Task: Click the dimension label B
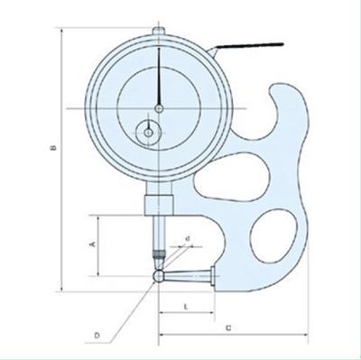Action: [x=53, y=148]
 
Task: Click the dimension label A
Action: [x=93, y=244]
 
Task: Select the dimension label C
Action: [x=228, y=328]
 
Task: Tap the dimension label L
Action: [x=186, y=307]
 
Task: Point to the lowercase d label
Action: [x=188, y=238]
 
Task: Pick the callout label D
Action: [x=97, y=336]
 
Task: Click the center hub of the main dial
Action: [x=159, y=108]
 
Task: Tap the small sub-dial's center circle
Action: [x=148, y=133]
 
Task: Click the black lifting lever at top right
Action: [x=250, y=45]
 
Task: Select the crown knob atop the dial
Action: [x=159, y=31]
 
